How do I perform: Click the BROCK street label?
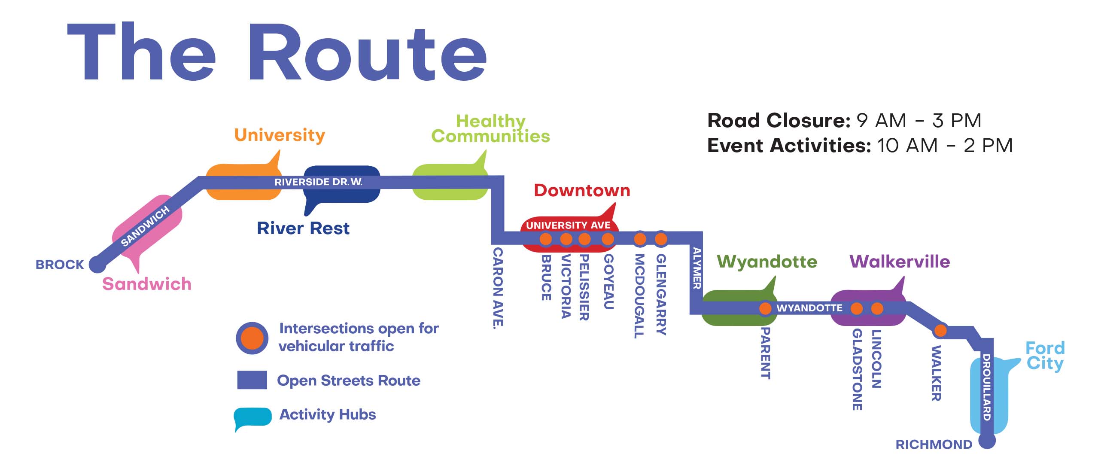pos(60,265)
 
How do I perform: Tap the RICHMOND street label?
pos(934,445)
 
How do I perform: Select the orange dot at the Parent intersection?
pos(765,308)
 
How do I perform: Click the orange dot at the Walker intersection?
pos(940,331)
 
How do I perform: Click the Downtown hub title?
pos(582,191)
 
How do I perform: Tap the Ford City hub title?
pos(1045,356)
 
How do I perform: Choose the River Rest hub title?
pos(303,228)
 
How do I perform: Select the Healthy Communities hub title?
pos(490,129)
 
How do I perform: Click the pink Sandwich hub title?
pos(147,284)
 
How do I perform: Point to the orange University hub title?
pos(280,135)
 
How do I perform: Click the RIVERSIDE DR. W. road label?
pos(318,182)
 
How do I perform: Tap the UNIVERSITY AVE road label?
pos(568,225)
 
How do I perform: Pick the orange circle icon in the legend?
pos(252,338)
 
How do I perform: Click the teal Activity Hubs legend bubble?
pos(252,417)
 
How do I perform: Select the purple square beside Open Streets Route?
pos(252,380)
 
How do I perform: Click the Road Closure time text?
pos(844,121)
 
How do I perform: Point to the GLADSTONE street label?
pos(857,369)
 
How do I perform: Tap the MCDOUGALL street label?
pos(639,295)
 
